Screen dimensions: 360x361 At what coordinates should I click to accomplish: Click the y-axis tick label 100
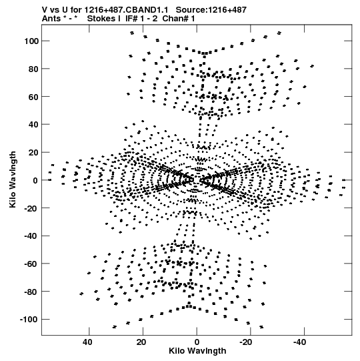(x=31, y=41)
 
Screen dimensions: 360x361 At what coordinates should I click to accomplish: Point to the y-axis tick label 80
(x=33, y=69)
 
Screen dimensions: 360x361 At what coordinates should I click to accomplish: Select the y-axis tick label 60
(x=33, y=97)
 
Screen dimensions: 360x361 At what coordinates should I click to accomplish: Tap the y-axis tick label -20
(x=31, y=208)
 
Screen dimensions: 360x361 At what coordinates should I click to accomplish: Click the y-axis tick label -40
(x=31, y=236)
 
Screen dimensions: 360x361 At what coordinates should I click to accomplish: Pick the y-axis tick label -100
(x=29, y=320)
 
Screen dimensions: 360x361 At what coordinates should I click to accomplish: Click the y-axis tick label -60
(x=31, y=264)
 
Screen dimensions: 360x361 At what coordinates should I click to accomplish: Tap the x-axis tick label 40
(x=87, y=342)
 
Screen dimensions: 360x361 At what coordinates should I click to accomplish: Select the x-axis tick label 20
(x=141, y=342)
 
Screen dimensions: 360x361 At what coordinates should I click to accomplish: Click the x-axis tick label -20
(x=247, y=342)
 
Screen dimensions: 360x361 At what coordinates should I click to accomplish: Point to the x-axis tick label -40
(x=301, y=342)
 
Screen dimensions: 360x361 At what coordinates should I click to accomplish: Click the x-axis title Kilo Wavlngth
(x=197, y=351)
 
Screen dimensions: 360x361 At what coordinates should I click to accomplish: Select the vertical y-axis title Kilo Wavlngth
(x=13, y=179)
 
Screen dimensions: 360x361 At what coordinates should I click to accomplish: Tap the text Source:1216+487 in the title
(x=211, y=10)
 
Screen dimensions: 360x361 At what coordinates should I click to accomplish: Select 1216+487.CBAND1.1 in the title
(x=126, y=10)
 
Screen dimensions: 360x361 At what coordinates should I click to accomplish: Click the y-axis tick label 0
(x=35, y=180)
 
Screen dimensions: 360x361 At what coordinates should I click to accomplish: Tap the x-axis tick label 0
(x=197, y=342)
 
